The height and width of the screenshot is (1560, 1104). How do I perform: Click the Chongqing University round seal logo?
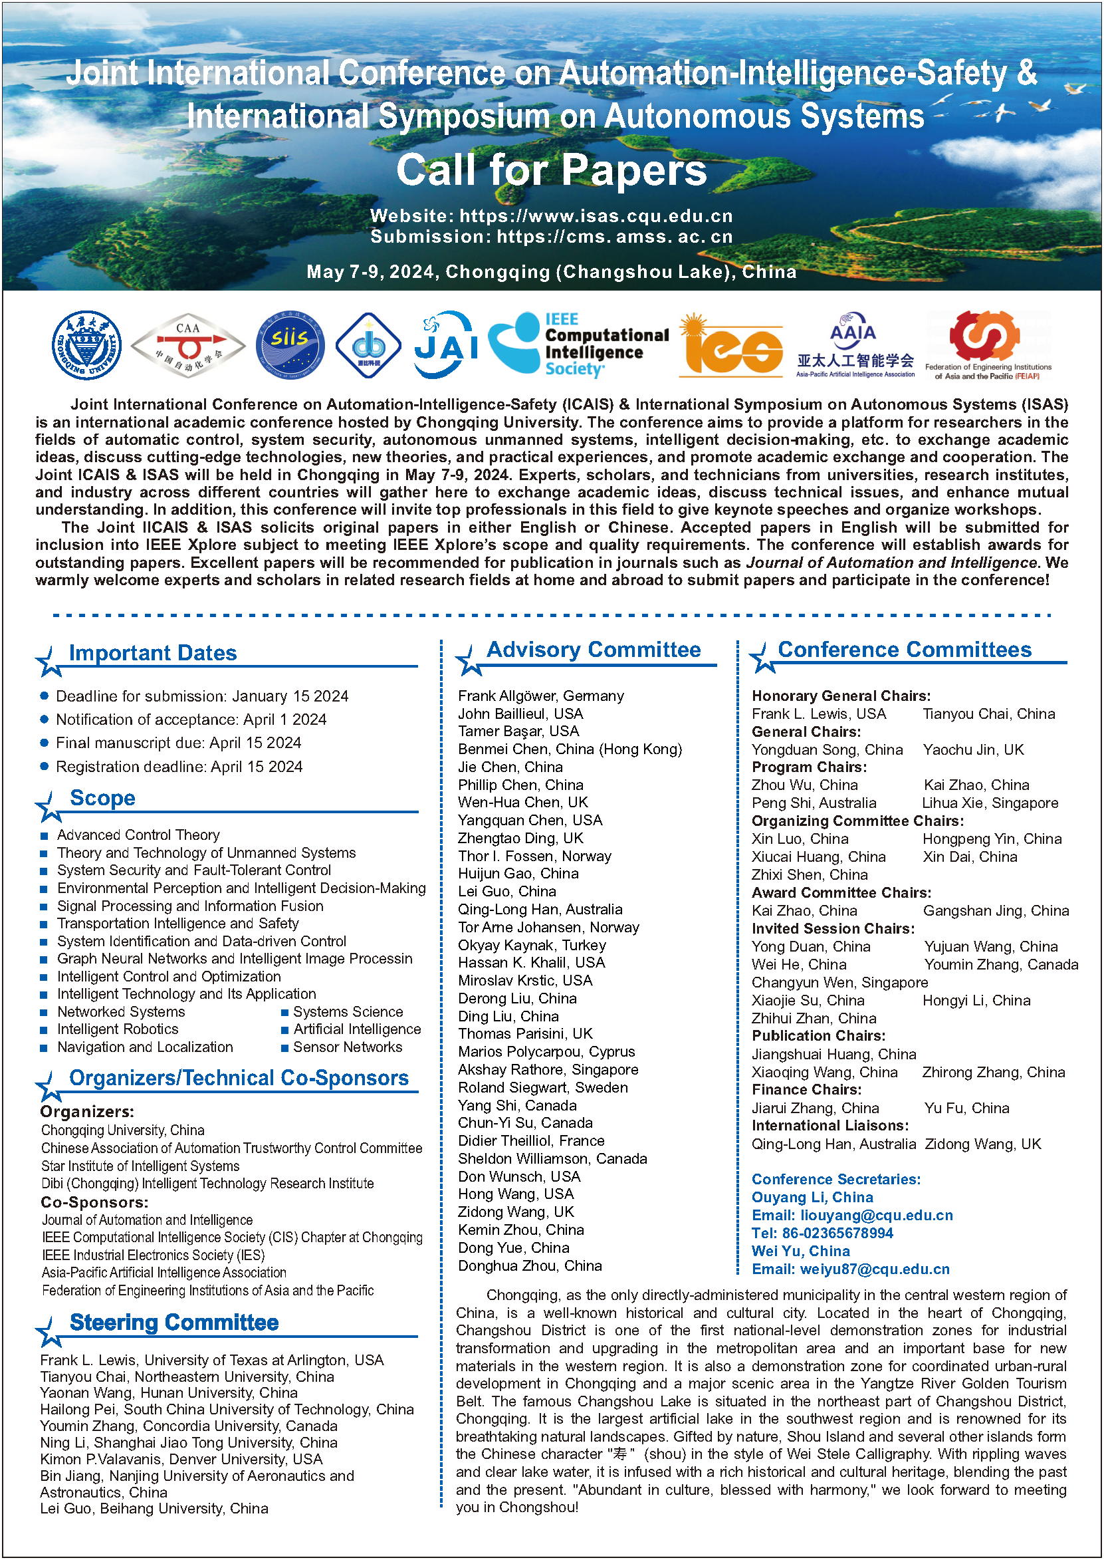[87, 346]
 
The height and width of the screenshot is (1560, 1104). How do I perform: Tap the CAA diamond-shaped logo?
[187, 346]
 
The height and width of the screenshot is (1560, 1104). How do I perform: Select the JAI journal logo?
[445, 346]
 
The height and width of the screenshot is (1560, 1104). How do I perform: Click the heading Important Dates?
[153, 654]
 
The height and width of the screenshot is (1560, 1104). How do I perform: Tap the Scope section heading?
[102, 799]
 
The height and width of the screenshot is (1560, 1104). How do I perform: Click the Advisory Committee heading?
[594, 650]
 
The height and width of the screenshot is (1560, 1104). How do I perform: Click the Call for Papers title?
[551, 170]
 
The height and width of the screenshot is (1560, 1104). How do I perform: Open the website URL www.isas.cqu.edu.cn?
[596, 216]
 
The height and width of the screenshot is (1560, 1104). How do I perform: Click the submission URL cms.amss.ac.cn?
[615, 237]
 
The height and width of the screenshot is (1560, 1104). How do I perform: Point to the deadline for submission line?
[202, 696]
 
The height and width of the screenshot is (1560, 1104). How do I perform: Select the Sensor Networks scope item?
[348, 1047]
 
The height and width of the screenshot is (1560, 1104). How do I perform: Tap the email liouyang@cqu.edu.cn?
[876, 1216]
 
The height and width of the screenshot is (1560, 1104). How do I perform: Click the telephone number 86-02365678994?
[837, 1233]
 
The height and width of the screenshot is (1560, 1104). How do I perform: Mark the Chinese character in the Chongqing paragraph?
[619, 1454]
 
